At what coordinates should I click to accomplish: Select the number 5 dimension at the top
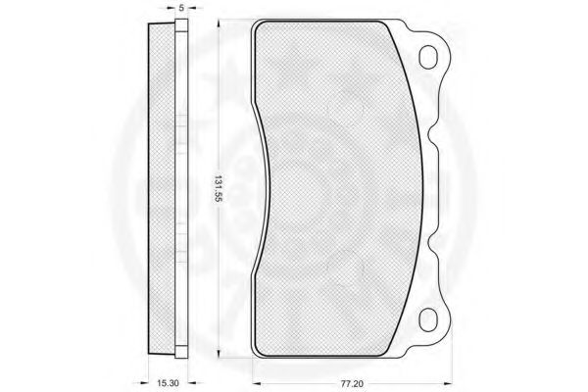181,8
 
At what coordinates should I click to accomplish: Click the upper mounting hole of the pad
428,57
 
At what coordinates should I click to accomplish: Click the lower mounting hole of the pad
428,320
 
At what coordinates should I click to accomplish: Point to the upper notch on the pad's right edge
431,134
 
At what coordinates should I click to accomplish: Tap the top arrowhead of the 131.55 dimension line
219,24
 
